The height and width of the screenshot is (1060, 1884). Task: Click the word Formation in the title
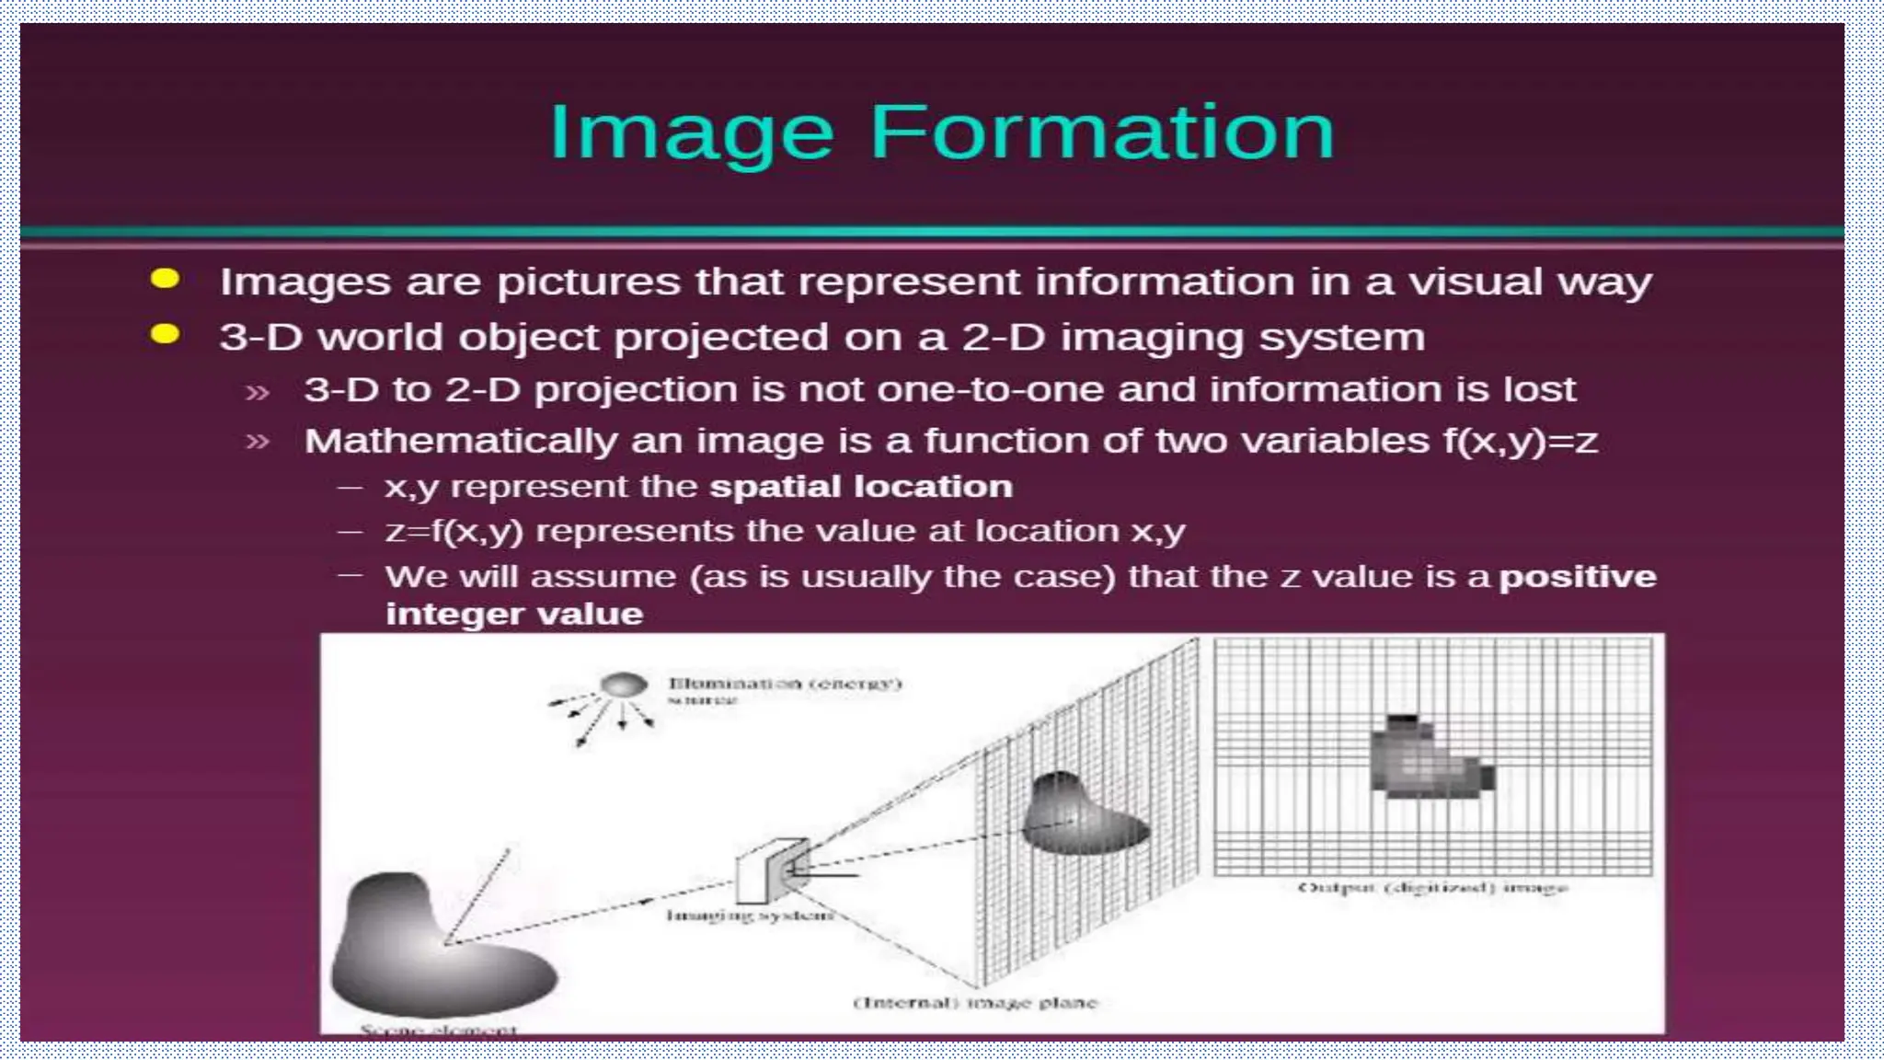click(x=1101, y=132)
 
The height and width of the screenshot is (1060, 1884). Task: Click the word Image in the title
click(x=691, y=134)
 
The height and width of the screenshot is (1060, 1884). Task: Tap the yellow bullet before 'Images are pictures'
click(x=166, y=279)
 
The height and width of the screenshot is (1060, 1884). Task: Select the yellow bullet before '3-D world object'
click(x=166, y=334)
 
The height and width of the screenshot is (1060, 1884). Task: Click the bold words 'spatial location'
click(x=861, y=486)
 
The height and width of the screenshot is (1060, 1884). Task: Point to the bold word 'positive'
click(x=1578, y=577)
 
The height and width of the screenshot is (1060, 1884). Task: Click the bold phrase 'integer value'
click(x=514, y=614)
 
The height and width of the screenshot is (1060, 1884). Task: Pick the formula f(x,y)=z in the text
click(x=1520, y=442)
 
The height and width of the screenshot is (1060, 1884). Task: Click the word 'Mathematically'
click(x=460, y=442)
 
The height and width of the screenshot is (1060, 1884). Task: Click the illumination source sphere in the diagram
click(x=624, y=685)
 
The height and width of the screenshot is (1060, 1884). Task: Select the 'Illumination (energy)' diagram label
click(x=785, y=684)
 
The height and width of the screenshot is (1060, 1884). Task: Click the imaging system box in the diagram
click(x=771, y=870)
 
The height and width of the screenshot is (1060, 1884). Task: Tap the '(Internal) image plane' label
click(x=975, y=1002)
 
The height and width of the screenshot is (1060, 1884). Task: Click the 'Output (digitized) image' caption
click(x=1431, y=888)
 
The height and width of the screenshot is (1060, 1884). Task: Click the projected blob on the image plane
click(x=1081, y=814)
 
